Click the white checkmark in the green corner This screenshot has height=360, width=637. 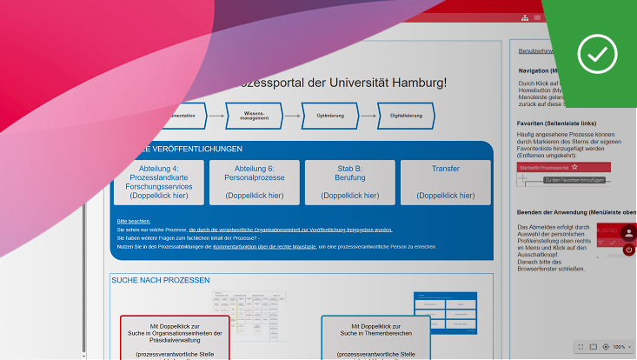(x=597, y=52)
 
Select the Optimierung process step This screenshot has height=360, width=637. (x=330, y=115)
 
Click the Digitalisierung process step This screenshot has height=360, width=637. (x=407, y=115)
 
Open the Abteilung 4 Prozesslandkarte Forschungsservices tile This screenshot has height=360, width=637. (x=159, y=182)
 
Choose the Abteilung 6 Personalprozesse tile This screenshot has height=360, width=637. (x=255, y=182)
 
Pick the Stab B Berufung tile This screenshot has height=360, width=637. (x=349, y=182)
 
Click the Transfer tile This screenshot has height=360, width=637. (x=445, y=182)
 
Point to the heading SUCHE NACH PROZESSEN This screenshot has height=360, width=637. (x=160, y=280)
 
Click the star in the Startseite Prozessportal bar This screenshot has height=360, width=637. (x=574, y=166)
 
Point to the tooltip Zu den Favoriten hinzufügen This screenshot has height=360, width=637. (x=574, y=179)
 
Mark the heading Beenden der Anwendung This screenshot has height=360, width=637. (x=576, y=212)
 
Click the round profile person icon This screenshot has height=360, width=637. (x=628, y=232)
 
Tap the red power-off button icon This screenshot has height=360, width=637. (x=628, y=250)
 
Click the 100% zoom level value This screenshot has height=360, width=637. (x=619, y=347)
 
